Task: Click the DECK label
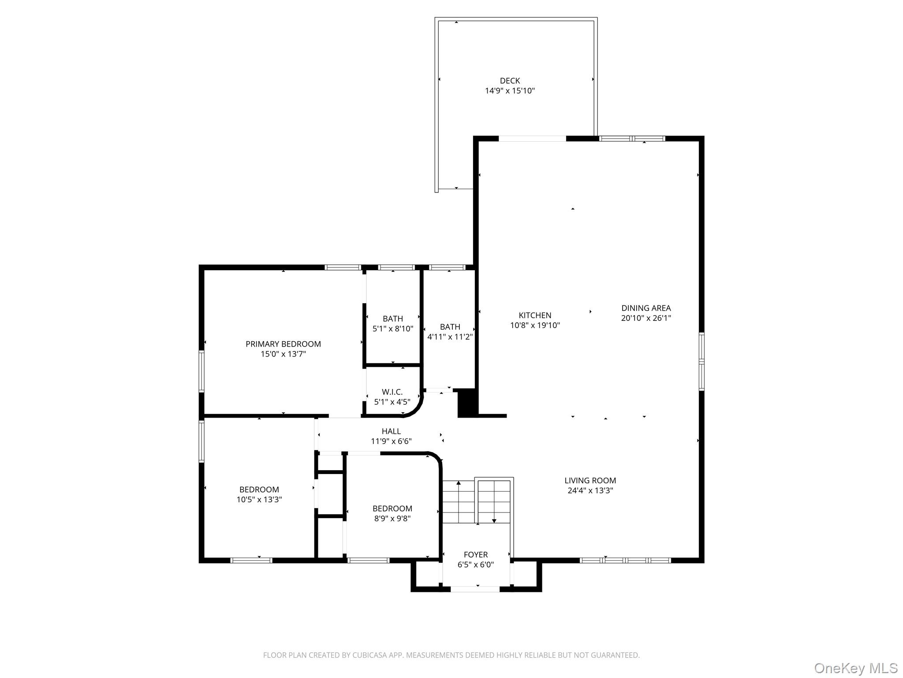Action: click(510, 81)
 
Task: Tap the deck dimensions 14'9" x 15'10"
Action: click(510, 91)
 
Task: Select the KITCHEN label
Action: click(535, 315)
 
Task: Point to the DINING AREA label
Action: click(646, 308)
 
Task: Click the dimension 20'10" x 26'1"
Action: click(646, 318)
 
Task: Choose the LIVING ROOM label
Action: click(590, 480)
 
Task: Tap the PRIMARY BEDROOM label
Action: click(283, 344)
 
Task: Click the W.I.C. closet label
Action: click(392, 392)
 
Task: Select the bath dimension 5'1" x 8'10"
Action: click(392, 329)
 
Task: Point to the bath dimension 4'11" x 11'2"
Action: click(450, 337)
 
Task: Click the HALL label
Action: click(391, 431)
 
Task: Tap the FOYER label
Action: click(476, 554)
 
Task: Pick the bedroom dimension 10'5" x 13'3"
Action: click(259, 500)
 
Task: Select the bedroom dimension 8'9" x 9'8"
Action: click(392, 519)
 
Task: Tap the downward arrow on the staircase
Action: click(494, 520)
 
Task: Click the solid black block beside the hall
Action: click(468, 403)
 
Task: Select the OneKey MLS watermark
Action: click(855, 668)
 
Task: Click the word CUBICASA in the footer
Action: click(369, 655)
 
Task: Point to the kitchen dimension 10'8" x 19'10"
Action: click(535, 325)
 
